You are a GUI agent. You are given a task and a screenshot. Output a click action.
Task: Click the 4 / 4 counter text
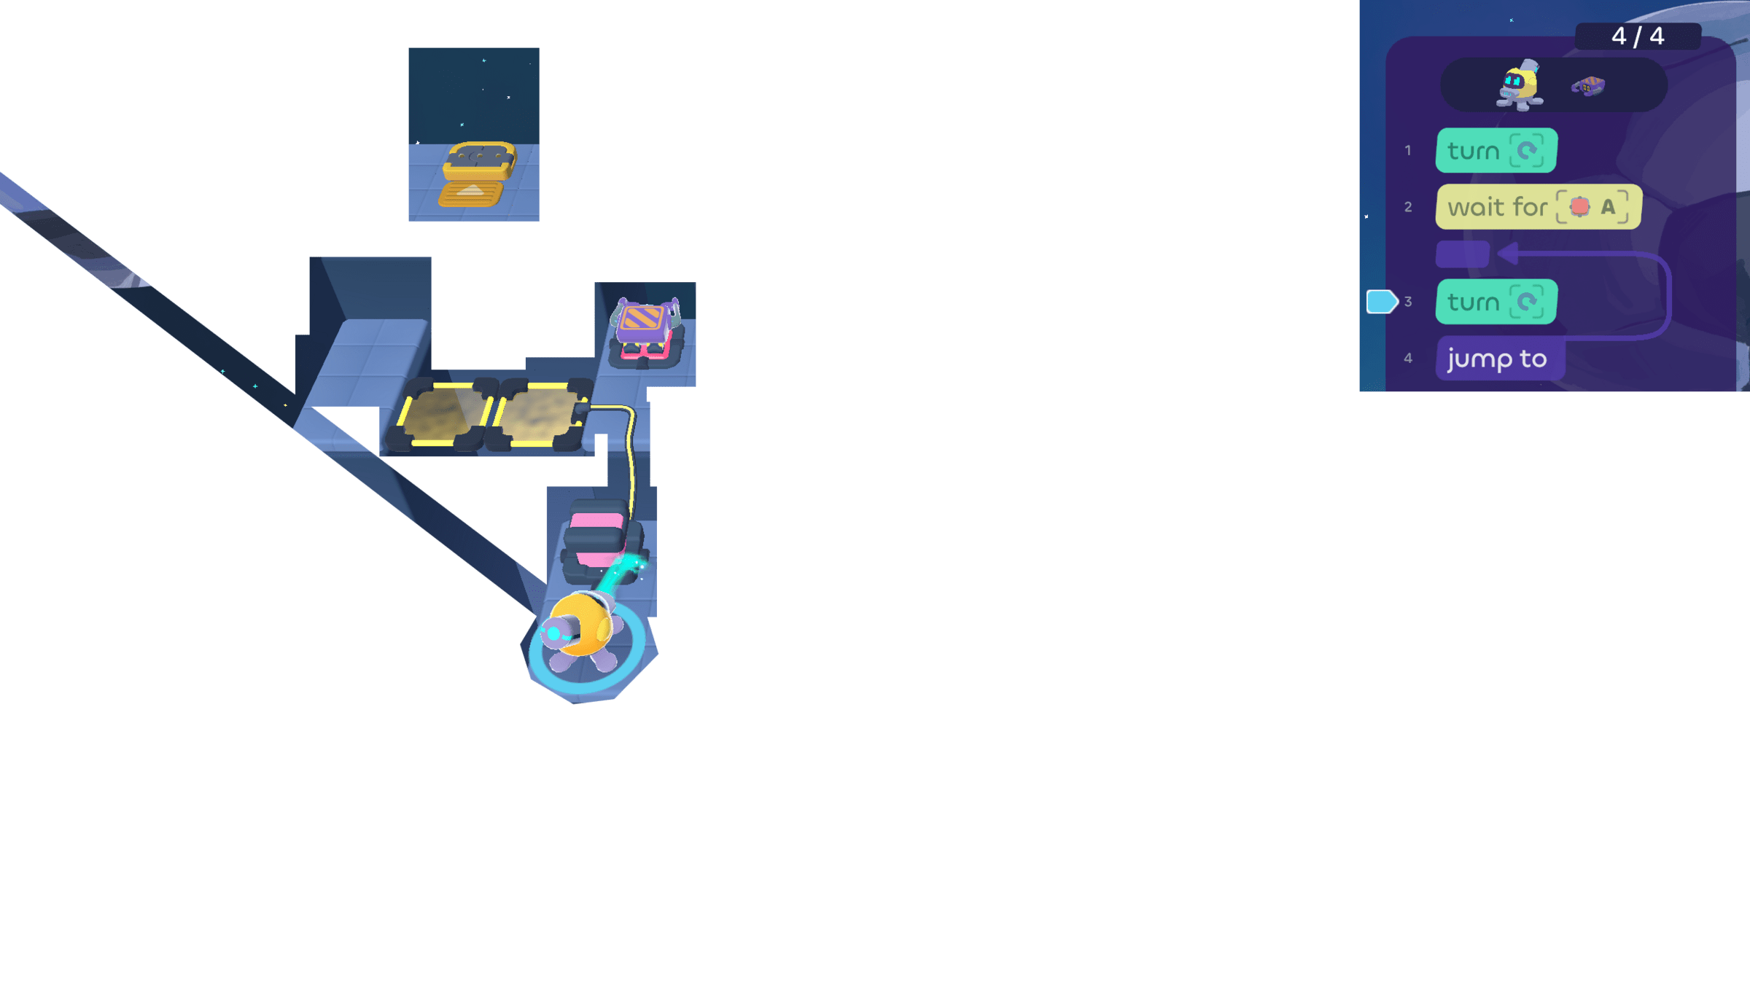[1638, 36]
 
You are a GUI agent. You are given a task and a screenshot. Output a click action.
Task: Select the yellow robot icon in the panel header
[1520, 86]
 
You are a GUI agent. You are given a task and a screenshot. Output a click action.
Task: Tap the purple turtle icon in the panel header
[1588, 87]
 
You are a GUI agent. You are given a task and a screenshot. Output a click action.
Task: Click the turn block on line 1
[1496, 151]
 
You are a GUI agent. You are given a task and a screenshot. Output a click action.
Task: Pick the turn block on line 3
[1496, 302]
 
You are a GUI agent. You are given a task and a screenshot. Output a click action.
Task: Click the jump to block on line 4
[1498, 359]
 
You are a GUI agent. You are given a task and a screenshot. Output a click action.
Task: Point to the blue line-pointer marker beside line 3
[1381, 302]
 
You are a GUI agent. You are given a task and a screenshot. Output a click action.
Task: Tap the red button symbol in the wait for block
[1579, 207]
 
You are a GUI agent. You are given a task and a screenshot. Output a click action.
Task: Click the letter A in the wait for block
[1608, 207]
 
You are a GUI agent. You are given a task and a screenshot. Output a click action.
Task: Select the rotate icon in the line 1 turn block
[1527, 151]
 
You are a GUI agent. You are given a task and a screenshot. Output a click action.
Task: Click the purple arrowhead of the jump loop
[1508, 254]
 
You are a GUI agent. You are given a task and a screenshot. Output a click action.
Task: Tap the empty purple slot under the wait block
[1462, 254]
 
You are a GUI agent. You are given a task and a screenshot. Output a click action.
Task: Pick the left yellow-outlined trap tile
[441, 413]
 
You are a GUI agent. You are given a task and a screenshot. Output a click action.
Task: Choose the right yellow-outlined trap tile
[538, 413]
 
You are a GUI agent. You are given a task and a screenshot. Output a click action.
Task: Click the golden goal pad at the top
[475, 173]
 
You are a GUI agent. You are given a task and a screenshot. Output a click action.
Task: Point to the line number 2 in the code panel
[1408, 207]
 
